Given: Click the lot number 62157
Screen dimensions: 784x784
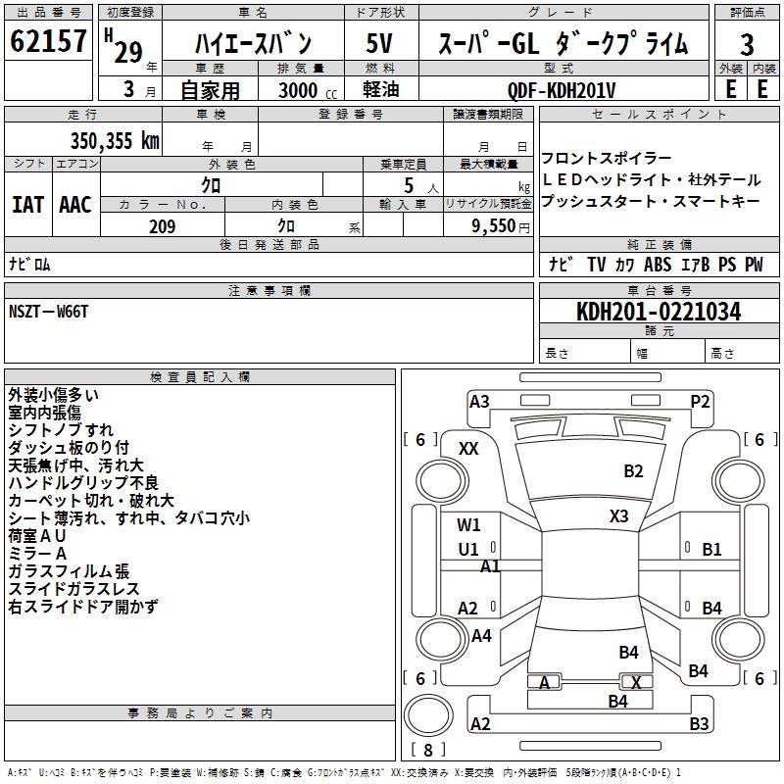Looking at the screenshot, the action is (49, 42).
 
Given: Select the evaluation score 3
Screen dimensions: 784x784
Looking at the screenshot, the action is (747, 45).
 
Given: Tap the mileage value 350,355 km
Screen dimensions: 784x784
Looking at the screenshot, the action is (115, 140).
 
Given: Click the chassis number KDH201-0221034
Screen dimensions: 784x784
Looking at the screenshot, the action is (659, 312).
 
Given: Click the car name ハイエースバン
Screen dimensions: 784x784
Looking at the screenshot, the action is (253, 44).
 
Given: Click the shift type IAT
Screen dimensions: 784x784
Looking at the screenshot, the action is (27, 205).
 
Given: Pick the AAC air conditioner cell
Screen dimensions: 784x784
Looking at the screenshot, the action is (75, 205).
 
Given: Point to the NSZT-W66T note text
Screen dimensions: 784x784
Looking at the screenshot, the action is (49, 311).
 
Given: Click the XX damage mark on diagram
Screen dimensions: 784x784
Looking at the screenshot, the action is (468, 448).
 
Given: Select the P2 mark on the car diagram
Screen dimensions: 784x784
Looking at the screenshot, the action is (700, 401).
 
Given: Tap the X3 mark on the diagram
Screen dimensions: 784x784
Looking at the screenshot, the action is (618, 516).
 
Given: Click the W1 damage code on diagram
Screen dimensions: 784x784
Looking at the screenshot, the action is (469, 525).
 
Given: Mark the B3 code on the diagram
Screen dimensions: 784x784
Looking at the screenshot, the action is (699, 724).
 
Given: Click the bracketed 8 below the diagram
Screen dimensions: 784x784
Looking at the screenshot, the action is (427, 751).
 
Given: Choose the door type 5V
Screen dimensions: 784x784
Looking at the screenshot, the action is (380, 44).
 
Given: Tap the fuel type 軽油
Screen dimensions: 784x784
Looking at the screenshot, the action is (380, 90).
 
